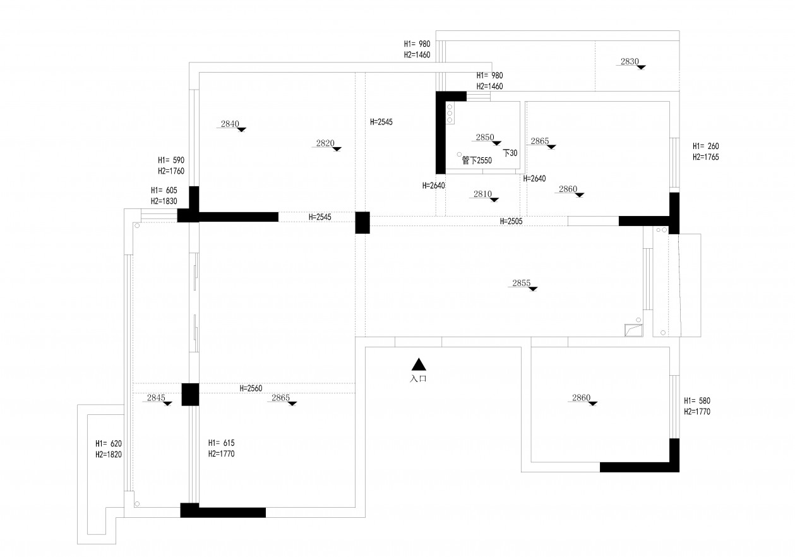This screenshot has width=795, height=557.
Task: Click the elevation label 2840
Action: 230,124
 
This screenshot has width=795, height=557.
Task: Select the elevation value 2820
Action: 325,143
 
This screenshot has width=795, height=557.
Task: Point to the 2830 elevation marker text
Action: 630,62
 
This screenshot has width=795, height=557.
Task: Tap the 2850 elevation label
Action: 485,137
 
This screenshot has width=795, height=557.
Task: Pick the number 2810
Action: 482,195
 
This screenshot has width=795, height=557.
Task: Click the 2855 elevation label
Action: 521,284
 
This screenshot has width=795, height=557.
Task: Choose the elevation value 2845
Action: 156,398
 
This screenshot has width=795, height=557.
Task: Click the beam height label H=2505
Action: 511,221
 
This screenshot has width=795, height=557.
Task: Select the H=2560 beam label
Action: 251,389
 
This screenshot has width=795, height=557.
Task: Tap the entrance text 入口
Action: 419,379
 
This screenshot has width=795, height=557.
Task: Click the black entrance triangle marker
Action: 419,364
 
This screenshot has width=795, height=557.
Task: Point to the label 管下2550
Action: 477,160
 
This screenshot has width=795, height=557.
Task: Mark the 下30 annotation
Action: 510,153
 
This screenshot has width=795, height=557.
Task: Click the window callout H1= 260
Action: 706,145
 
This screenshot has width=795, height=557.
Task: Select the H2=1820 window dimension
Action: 109,454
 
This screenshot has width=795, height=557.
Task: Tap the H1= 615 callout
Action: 221,443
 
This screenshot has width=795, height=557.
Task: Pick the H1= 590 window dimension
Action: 170,160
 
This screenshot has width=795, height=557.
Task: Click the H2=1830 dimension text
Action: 164,201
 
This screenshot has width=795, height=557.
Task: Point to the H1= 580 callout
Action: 697,401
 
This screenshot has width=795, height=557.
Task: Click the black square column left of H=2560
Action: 190,395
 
